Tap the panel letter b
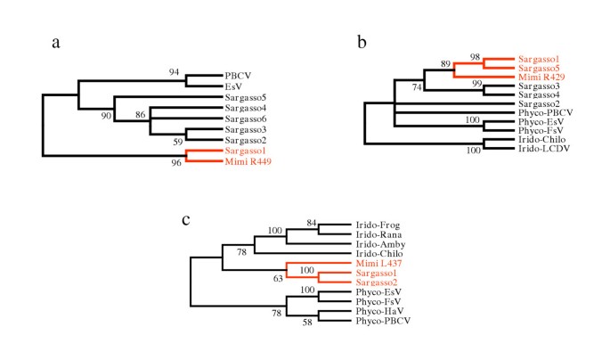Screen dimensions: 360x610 [362, 42]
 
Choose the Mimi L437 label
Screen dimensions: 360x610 [370, 265]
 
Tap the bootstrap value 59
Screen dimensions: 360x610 [177, 141]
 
